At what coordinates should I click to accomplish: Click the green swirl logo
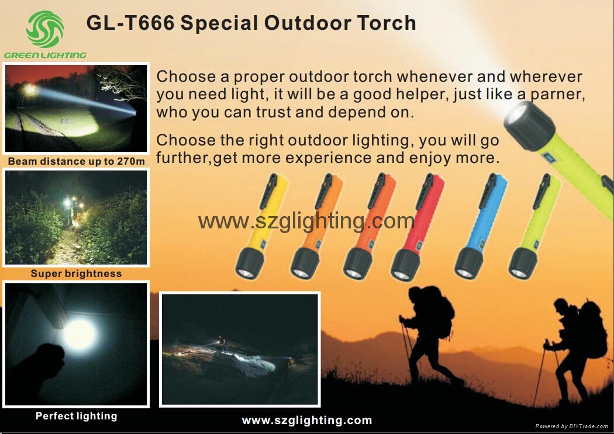pos(45,29)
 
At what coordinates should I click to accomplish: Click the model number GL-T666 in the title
pos(130,23)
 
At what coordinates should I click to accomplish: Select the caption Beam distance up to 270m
pos(77,161)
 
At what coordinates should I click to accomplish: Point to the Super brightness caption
pos(77,273)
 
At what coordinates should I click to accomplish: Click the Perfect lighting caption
pos(77,416)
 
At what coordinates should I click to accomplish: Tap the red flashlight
pos(418,227)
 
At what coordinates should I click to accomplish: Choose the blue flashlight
pos(481,226)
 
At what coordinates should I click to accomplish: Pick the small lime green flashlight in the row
pos(534,227)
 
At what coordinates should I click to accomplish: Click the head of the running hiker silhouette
pos(415,293)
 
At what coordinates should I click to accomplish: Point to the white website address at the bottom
pos(307,421)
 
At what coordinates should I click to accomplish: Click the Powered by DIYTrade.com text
pos(572,426)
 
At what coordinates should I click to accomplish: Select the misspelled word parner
pos(558,94)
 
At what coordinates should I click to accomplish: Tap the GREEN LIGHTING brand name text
pos(45,55)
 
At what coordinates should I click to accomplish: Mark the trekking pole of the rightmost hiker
pos(541,373)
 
